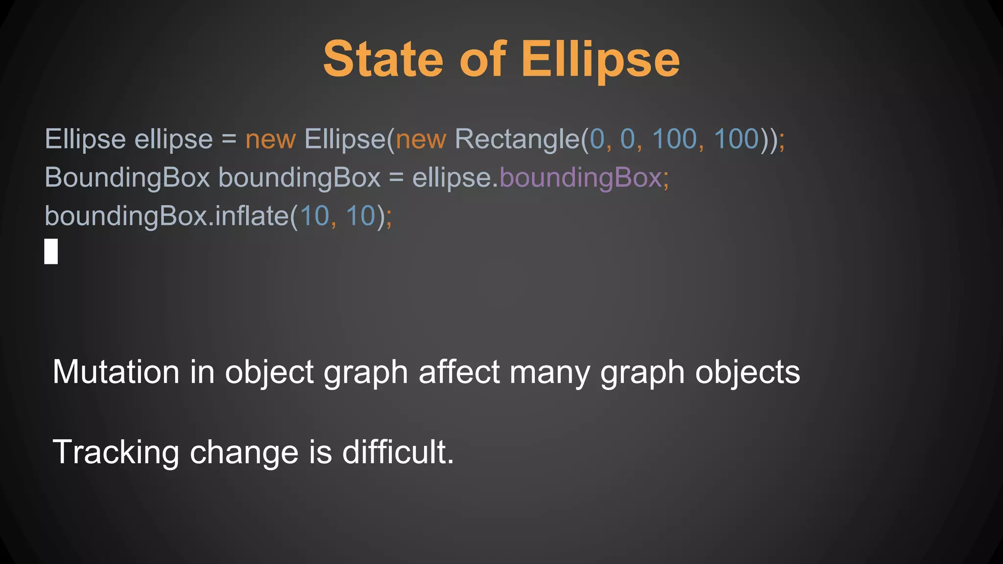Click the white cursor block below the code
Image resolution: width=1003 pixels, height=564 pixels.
51,251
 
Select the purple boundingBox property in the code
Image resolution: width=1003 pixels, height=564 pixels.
580,177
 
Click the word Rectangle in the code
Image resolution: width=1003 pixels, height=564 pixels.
517,139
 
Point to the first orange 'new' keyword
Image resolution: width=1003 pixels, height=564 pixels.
270,139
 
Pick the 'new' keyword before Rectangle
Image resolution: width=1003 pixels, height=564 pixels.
421,139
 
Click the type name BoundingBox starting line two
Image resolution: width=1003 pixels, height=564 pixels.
127,177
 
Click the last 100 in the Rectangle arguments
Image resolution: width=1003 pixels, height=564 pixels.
737,139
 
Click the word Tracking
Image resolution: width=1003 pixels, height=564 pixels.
116,452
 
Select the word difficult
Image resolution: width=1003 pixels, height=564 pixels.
398,452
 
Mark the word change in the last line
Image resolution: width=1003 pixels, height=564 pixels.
244,452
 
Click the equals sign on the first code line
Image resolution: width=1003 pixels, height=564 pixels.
229,139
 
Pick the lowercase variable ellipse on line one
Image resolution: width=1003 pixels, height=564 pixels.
174,139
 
